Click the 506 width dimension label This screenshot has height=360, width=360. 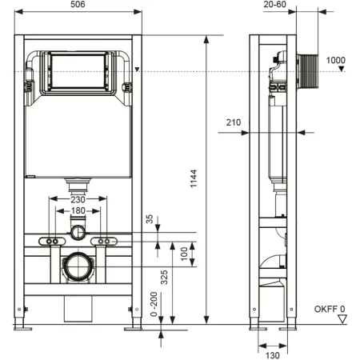point(78,4)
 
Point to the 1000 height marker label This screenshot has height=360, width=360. point(337,61)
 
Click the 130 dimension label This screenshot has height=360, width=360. point(272,356)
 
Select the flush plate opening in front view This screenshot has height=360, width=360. point(78,70)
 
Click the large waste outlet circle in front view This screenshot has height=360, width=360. point(78,265)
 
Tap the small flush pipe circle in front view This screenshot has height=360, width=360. point(78,233)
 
